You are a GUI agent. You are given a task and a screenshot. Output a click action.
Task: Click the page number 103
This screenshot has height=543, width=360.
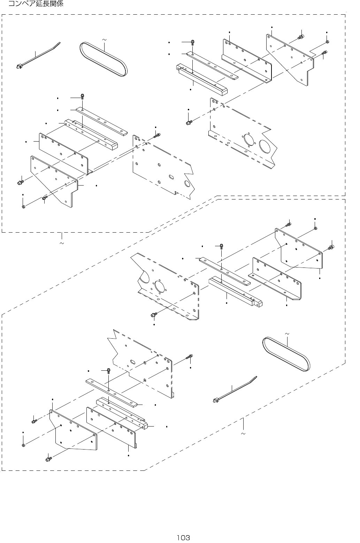pos(183,537)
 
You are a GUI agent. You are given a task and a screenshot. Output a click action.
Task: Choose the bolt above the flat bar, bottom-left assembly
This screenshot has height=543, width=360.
pos(108,370)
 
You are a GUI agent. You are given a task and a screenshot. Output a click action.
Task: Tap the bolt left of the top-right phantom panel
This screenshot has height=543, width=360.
pos(189,122)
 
